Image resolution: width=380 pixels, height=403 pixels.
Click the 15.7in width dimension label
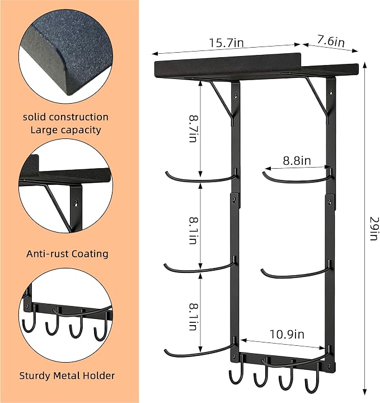click(x=226, y=43)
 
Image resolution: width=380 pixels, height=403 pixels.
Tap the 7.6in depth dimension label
click(x=331, y=40)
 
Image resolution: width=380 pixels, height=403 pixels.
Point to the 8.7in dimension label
click(x=193, y=128)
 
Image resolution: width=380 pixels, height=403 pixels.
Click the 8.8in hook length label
click(x=297, y=161)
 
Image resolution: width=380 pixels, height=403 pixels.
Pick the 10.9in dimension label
click(x=287, y=335)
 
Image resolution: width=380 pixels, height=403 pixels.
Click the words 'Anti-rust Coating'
click(x=67, y=254)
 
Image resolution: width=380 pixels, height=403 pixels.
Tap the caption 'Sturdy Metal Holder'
click(x=67, y=376)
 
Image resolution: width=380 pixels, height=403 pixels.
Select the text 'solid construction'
click(x=65, y=117)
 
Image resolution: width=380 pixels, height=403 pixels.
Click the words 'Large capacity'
click(x=65, y=130)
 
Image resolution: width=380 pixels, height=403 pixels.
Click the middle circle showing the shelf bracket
click(x=65, y=186)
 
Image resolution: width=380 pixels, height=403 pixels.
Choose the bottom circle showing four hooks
click(x=65, y=314)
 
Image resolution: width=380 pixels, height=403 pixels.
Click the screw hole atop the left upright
click(x=235, y=96)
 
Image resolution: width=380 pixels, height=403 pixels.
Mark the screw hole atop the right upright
click(x=331, y=91)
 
